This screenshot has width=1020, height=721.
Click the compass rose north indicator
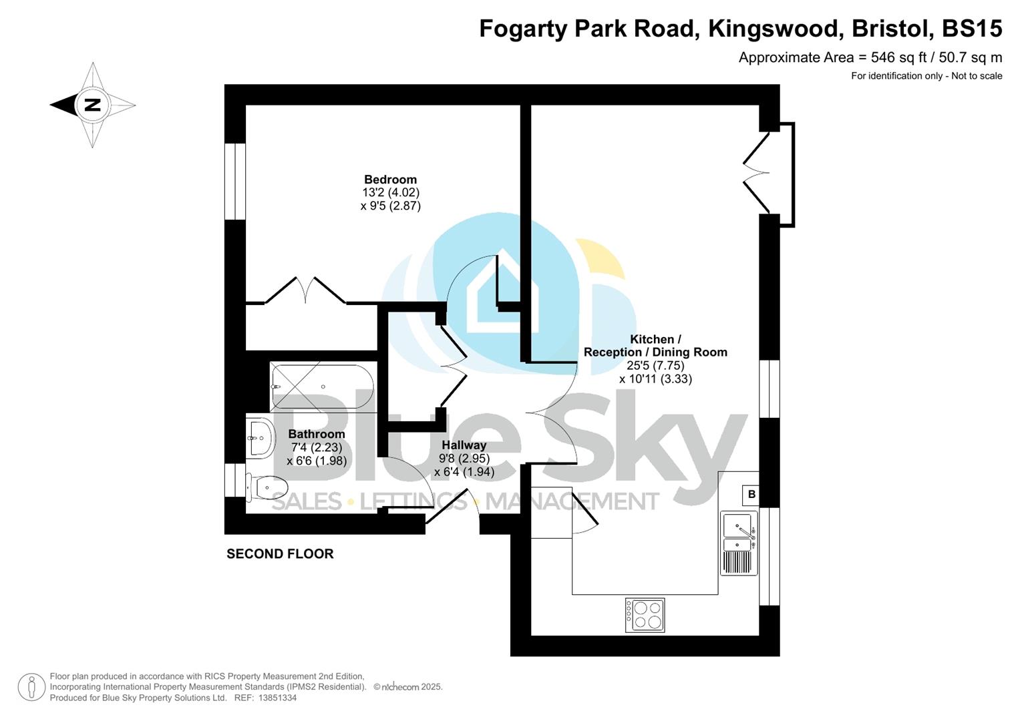pyautogui.click(x=92, y=105)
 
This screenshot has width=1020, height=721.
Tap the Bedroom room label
pyautogui.click(x=390, y=180)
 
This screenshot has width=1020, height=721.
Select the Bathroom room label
pyautogui.click(x=317, y=434)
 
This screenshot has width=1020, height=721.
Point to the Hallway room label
pyautogui.click(x=464, y=445)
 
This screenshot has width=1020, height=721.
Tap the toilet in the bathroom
pyautogui.click(x=267, y=487)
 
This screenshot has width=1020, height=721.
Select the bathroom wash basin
pyautogui.click(x=260, y=438)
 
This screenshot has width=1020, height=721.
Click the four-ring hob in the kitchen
pyautogui.click(x=645, y=615)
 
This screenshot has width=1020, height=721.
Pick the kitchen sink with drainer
pyautogui.click(x=739, y=543)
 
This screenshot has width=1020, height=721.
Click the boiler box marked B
pyautogui.click(x=751, y=495)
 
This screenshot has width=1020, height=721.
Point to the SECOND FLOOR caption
pyautogui.click(x=280, y=553)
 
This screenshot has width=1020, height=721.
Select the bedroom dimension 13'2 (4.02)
pyautogui.click(x=390, y=193)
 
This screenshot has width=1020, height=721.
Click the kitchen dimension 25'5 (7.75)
pyautogui.click(x=655, y=365)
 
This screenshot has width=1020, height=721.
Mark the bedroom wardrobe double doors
pyautogui.click(x=305, y=291)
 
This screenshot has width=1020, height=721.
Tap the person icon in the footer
pyautogui.click(x=31, y=687)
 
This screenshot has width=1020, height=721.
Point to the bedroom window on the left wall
pyautogui.click(x=234, y=181)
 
